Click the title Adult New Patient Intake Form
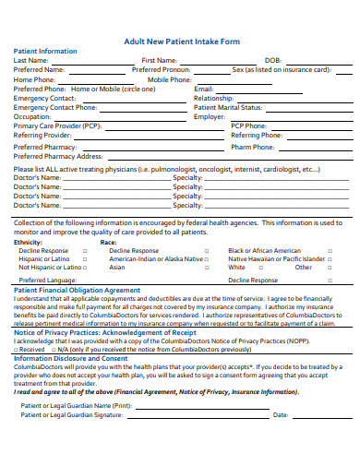point(183,42)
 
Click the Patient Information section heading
point(45,52)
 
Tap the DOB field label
point(274,60)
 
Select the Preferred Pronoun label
point(164,69)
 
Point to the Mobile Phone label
point(170,79)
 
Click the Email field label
point(204,89)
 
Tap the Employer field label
point(210,117)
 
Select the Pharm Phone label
point(252,147)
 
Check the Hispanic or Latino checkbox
point(85,259)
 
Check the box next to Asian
point(207,268)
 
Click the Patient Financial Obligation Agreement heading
point(77,290)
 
